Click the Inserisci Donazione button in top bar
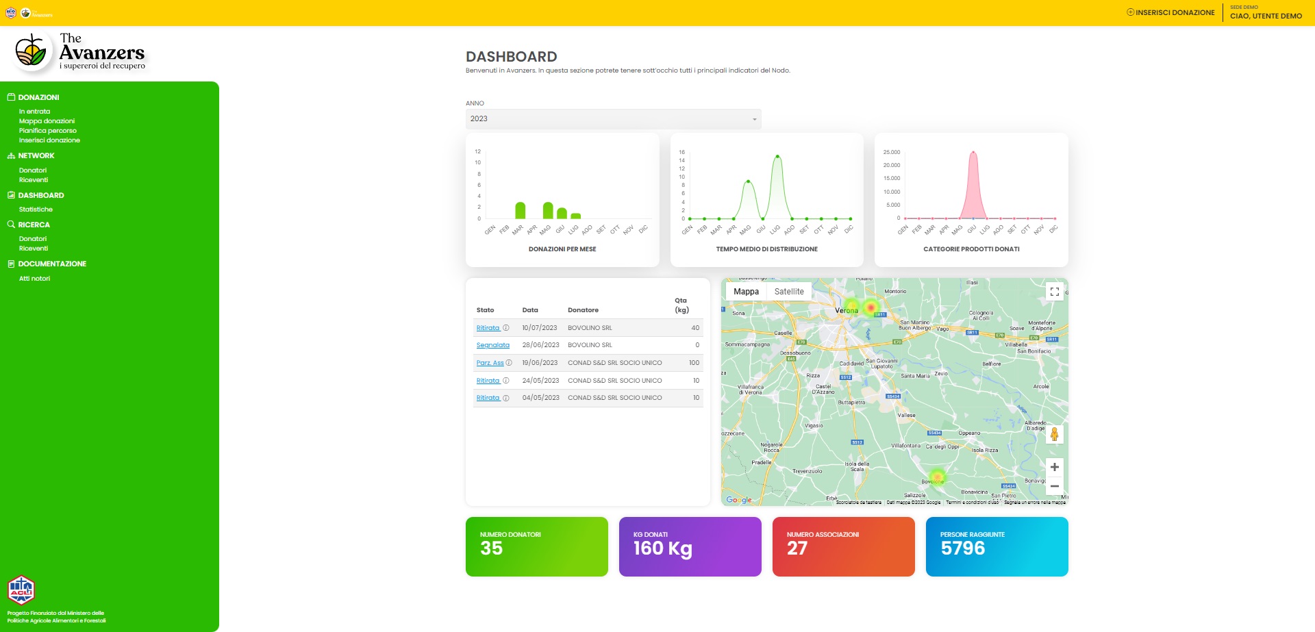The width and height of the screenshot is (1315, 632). click(x=1170, y=12)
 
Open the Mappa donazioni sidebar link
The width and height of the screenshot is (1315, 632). click(x=47, y=121)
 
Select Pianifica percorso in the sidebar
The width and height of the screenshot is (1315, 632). click(x=48, y=131)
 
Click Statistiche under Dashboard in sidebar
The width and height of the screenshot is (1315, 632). click(x=36, y=210)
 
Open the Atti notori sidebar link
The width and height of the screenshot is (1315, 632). click(x=34, y=279)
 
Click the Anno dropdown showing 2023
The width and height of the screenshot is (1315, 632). click(x=613, y=119)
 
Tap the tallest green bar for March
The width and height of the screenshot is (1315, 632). click(x=521, y=210)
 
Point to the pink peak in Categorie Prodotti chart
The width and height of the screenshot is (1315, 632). click(x=973, y=153)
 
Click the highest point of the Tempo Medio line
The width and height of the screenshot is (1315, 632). click(x=777, y=157)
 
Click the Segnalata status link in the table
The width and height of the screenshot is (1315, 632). click(x=493, y=345)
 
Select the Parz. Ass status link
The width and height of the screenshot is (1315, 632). click(x=490, y=363)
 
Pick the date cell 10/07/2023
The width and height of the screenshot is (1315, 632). click(x=540, y=328)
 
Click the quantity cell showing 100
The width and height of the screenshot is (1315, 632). click(x=694, y=363)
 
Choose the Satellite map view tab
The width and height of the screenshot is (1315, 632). click(x=789, y=292)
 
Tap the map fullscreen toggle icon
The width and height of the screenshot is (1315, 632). click(x=1055, y=292)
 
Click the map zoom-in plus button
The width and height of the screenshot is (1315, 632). click(x=1055, y=467)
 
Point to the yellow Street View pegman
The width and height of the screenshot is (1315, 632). click(x=1055, y=434)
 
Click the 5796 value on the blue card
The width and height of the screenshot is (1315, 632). click(x=963, y=548)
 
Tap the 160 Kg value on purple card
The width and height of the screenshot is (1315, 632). click(x=663, y=548)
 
